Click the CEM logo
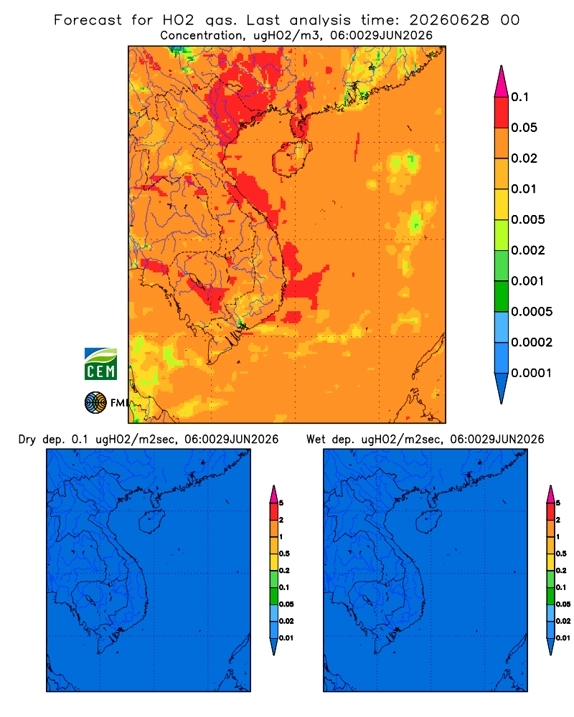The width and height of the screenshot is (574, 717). [x=100, y=364]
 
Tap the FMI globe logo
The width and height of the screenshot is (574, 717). [x=95, y=402]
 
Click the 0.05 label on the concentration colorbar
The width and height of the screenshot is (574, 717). [x=524, y=128]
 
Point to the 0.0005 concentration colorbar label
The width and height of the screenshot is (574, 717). [x=532, y=312]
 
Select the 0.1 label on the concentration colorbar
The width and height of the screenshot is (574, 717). [x=520, y=97]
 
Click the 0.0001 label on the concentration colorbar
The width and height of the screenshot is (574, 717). [x=532, y=373]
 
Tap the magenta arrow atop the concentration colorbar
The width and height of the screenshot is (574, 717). [x=502, y=81]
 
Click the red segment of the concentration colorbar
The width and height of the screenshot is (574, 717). [x=502, y=112]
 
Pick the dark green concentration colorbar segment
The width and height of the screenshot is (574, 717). [x=502, y=296]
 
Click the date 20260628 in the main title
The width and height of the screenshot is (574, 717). [x=449, y=20]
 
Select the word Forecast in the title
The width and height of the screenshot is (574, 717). [x=88, y=20]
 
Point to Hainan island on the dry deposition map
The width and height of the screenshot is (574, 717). [x=151, y=522]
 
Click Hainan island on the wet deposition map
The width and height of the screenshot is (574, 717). [x=428, y=522]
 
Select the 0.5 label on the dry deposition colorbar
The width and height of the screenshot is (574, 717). [x=284, y=554]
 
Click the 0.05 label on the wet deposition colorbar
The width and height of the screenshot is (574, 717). [x=563, y=604]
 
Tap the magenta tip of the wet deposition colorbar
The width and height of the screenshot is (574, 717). [x=550, y=494]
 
